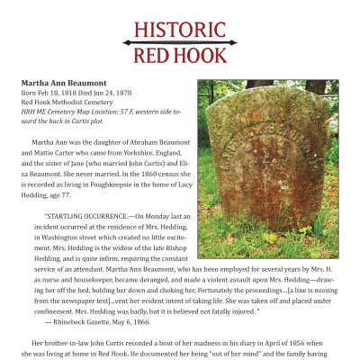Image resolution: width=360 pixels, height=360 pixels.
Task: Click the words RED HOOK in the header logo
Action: pyautogui.click(x=180, y=57)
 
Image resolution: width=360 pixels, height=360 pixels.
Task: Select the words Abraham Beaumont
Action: pyautogui.click(x=152, y=143)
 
